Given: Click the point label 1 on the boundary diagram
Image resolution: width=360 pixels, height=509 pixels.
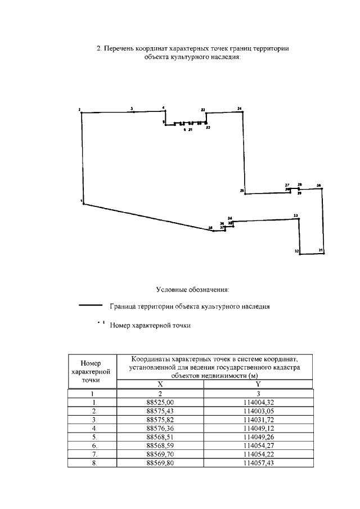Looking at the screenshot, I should point(82,200).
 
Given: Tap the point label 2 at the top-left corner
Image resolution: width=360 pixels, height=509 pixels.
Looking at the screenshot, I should point(80,109).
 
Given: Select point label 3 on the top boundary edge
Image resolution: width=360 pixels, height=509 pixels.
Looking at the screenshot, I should point(132,107).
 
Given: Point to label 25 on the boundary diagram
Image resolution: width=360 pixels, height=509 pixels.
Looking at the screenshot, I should point(242,191).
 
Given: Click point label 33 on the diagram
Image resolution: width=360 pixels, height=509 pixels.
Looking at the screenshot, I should point(295,215).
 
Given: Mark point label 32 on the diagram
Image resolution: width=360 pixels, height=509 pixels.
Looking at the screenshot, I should point(296,251).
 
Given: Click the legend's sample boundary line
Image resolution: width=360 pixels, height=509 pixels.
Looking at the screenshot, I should point(91,307).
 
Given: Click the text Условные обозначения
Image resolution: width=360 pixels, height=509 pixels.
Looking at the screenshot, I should point(192,290).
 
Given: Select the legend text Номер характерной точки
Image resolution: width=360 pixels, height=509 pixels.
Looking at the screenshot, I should point(150,325).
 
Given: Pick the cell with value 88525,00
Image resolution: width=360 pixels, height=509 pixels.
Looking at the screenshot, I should point(160,403).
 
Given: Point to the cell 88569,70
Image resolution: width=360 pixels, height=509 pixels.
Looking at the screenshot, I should point(160,455).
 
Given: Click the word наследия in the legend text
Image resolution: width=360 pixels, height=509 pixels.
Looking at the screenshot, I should point(255,307).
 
